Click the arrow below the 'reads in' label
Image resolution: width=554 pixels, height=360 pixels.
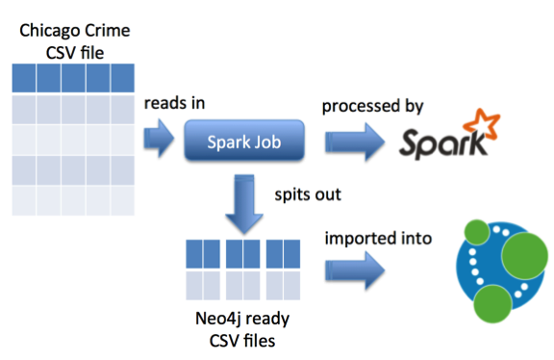[x=158, y=143]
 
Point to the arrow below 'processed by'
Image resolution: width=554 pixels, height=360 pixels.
[x=355, y=143]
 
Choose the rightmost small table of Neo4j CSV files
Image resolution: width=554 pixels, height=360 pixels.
[x=285, y=269]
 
